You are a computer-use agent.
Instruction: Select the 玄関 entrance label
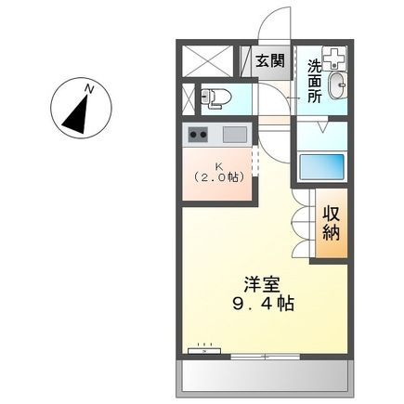[270, 62]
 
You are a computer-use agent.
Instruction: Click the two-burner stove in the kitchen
[198, 134]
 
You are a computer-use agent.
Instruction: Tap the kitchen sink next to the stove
[234, 134]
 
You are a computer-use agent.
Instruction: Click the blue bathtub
[322, 168]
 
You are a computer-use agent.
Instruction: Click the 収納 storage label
[332, 224]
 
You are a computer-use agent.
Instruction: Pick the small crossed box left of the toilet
[189, 97]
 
